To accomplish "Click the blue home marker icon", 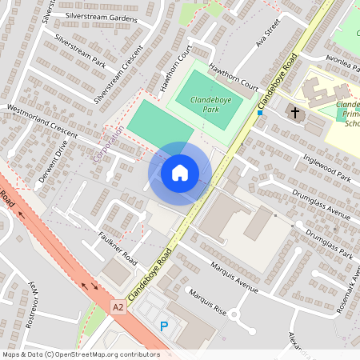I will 180,173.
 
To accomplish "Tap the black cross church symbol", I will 294,112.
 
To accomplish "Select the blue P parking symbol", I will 164,326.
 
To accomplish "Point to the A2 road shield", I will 118,306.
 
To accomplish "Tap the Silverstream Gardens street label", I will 102,16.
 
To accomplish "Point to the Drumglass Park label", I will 328,243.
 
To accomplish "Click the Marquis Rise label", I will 204,302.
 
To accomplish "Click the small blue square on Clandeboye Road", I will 259,113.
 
